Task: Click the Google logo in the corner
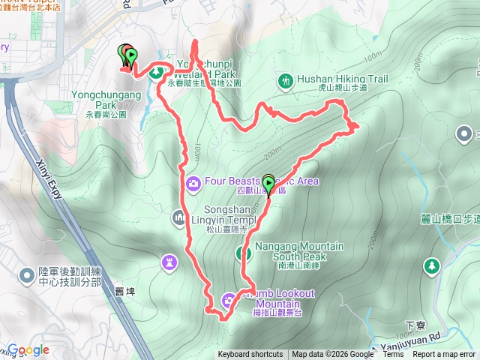pyautogui.click(x=28, y=349)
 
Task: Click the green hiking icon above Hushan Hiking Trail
pyautogui.click(x=285, y=79)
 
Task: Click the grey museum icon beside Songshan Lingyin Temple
pyautogui.click(x=178, y=218)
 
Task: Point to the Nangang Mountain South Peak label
pyautogui.click(x=299, y=251)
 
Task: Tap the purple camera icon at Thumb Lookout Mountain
pyautogui.click(x=227, y=301)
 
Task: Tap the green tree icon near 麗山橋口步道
pyautogui.click(x=432, y=265)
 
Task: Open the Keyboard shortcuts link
pyautogui.click(x=250, y=355)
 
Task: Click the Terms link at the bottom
pyautogui.click(x=392, y=355)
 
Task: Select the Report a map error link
pyautogui.click(x=444, y=355)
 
